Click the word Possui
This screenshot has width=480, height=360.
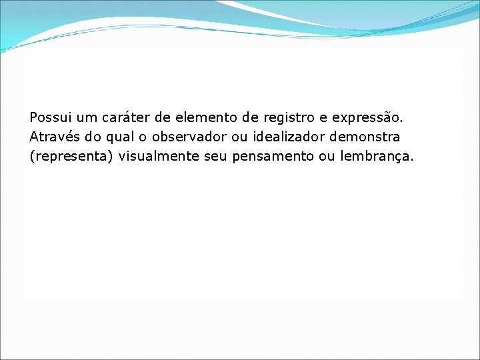[50, 118]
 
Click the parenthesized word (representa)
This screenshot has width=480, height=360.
[71, 157]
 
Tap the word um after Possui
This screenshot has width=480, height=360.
[86, 118]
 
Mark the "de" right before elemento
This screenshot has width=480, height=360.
[163, 118]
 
